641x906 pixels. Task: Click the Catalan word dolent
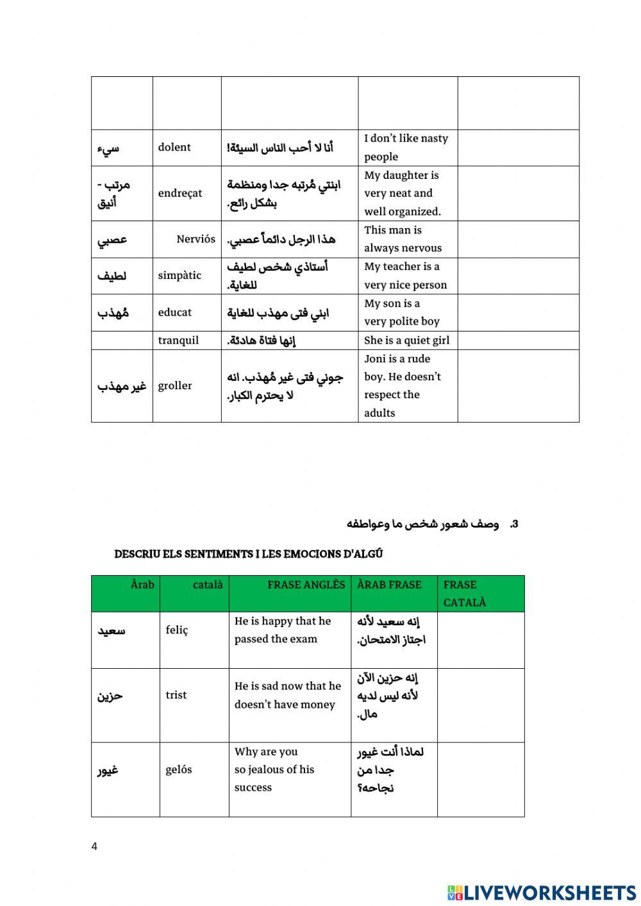point(174,147)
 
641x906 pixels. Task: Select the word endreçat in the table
point(180,193)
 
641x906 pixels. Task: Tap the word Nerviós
point(196,239)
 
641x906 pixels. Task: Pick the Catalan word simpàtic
point(179,276)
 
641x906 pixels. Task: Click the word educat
point(175,312)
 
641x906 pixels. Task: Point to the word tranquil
point(178,340)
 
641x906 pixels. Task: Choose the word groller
point(175,386)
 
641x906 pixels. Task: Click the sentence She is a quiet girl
point(406,340)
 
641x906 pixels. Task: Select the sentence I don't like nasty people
point(406,147)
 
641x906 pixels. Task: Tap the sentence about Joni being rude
point(403,386)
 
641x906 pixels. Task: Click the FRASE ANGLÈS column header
point(306,585)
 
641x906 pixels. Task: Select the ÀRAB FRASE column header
point(389,585)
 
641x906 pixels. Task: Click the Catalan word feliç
point(177,630)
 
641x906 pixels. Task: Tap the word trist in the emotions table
point(176,695)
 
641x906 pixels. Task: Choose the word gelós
point(179,769)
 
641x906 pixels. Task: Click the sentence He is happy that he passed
point(283,630)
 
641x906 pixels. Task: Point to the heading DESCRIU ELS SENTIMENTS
point(249,554)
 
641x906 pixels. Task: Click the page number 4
point(95,846)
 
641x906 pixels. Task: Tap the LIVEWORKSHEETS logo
point(542,892)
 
